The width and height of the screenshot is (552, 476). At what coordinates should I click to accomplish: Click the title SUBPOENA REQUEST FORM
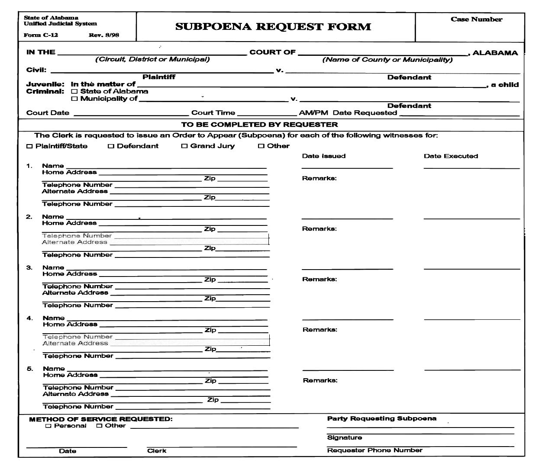273,27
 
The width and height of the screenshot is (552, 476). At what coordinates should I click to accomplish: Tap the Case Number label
476,19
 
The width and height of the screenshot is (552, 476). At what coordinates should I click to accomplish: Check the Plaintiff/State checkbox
29,146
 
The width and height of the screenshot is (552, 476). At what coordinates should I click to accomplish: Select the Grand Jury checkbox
184,146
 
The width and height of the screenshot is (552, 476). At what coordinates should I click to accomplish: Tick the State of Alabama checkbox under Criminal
74,91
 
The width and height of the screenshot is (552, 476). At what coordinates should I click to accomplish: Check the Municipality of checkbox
74,99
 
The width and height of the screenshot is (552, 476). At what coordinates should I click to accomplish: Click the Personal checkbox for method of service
48,426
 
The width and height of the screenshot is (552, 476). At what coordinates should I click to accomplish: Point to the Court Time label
213,113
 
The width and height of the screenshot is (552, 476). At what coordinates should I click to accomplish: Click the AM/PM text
313,113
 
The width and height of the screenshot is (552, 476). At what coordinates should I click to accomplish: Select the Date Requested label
365,113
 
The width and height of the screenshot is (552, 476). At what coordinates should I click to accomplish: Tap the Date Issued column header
323,156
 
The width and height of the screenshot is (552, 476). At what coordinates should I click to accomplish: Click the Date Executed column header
451,156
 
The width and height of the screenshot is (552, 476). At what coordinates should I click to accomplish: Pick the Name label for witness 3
53,267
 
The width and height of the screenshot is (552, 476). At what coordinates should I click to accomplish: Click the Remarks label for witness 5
320,380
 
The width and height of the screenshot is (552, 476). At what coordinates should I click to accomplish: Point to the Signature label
344,437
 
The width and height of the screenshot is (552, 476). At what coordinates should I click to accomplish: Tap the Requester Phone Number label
374,450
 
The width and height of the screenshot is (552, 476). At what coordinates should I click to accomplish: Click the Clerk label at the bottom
156,451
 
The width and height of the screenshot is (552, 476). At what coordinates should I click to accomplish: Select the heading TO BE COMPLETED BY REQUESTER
259,125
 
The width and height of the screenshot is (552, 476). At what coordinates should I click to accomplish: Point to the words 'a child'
504,85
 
